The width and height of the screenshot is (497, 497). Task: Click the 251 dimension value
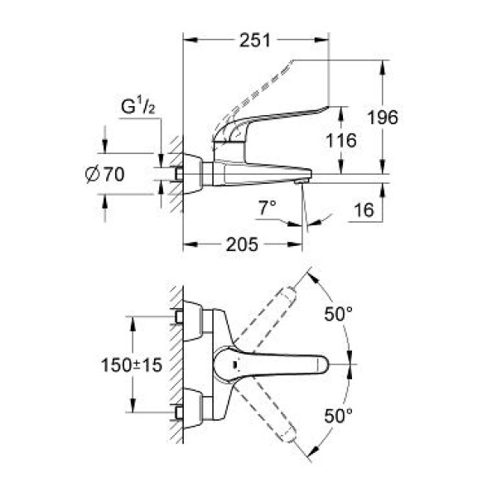(x=254, y=40)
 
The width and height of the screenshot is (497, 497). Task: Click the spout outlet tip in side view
(x=302, y=178)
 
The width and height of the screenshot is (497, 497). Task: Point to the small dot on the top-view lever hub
(x=236, y=364)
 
